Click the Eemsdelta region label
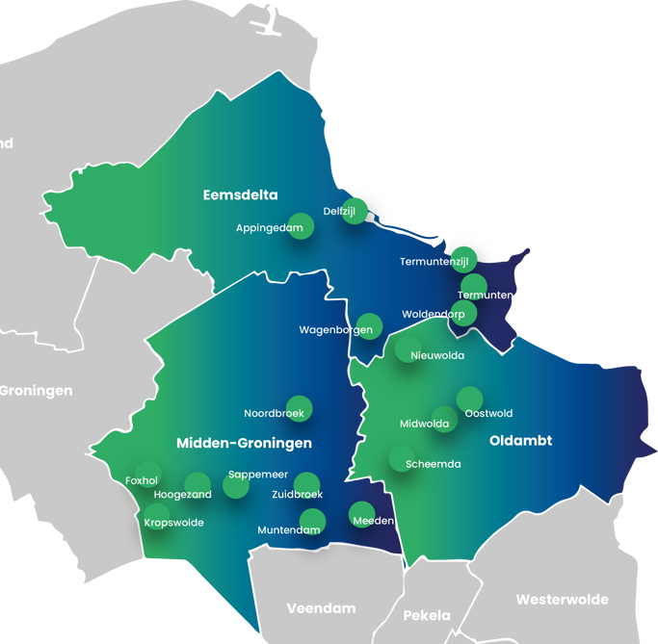240,195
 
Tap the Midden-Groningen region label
244,444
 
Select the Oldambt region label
520,441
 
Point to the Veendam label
321,608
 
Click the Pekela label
427,615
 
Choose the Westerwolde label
562,600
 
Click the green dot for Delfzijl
355,212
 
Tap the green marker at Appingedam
302,226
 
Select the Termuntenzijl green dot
464,259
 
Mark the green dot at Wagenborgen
369,326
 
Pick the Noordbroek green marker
300,408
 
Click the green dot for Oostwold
469,399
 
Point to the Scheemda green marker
402,458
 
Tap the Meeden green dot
361,514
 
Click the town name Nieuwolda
437,356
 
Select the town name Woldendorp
433,315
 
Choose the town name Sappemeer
258,475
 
